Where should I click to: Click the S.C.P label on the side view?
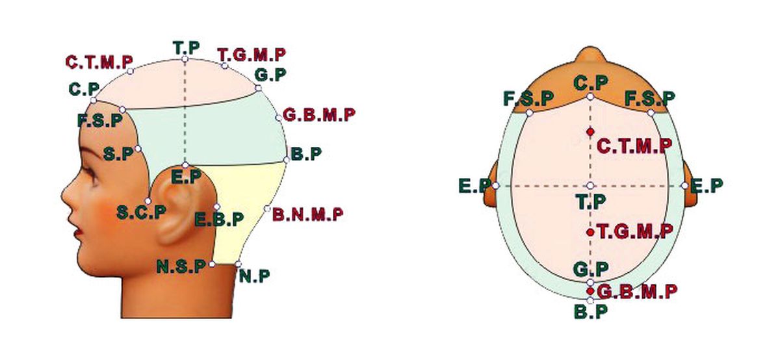(x=142, y=212)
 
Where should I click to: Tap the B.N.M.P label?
(x=308, y=214)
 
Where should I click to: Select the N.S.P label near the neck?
(x=181, y=266)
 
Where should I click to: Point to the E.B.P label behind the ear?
(x=219, y=220)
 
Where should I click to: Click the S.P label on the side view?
(x=118, y=153)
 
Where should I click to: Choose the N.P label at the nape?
(x=255, y=276)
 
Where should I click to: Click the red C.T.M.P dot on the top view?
(x=590, y=132)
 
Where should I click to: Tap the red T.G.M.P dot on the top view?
(x=590, y=232)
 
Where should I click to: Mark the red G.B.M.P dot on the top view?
(x=590, y=291)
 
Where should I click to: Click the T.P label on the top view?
(x=591, y=201)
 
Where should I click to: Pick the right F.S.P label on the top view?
(x=650, y=99)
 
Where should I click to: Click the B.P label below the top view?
(x=591, y=312)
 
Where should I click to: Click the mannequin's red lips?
(x=79, y=232)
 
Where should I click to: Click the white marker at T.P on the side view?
(x=185, y=59)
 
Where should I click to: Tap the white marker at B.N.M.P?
(x=267, y=209)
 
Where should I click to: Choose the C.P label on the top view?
(x=591, y=83)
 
